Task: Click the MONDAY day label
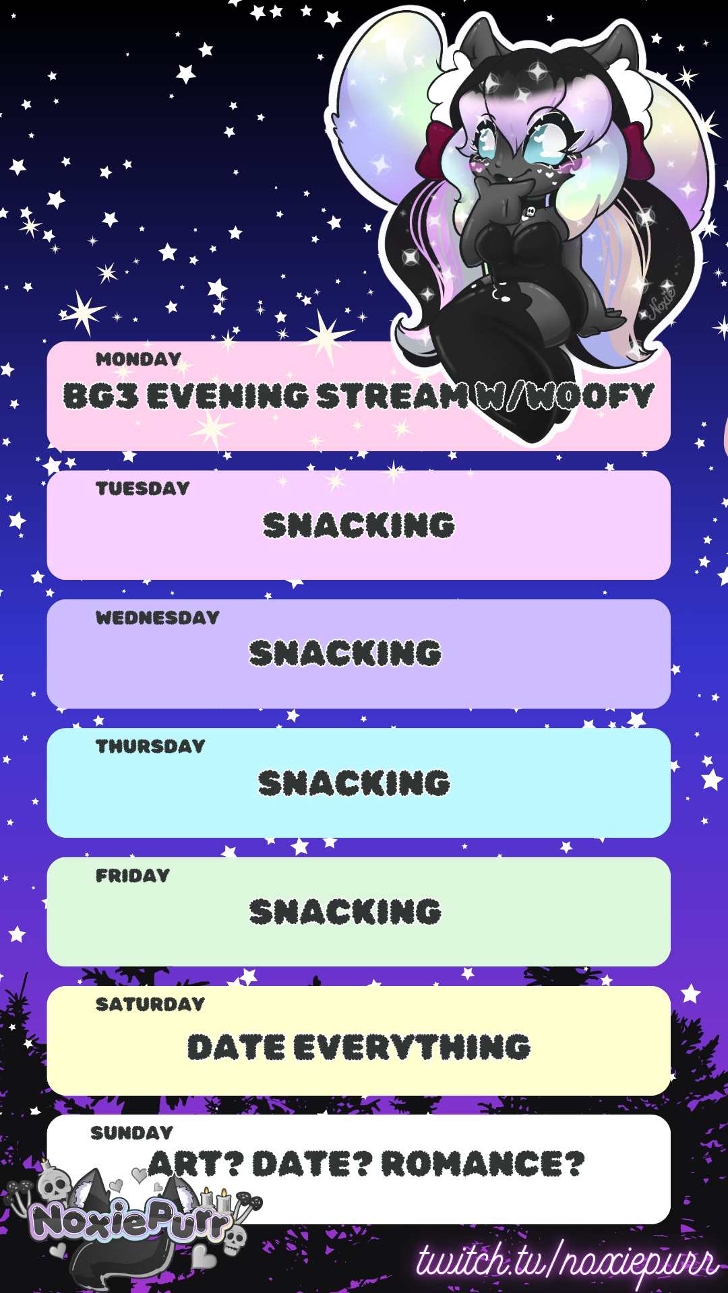pos(138,359)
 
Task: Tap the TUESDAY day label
pos(142,488)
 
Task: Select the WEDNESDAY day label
pos(158,618)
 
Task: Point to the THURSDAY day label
pos(150,746)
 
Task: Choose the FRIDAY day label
pos(133,875)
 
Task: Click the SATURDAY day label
pos(150,1004)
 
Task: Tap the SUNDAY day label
pos(132,1133)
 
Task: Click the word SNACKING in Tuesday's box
pos(359,525)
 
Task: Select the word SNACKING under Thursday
pos(354,783)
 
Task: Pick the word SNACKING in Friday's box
pos(345,912)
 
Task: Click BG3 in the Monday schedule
pos(100,396)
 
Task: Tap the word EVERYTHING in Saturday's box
pos(413,1047)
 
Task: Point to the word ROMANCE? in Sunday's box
pos(483,1164)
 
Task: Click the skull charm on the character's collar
pos(530,213)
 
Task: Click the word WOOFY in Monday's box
pos(591,396)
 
